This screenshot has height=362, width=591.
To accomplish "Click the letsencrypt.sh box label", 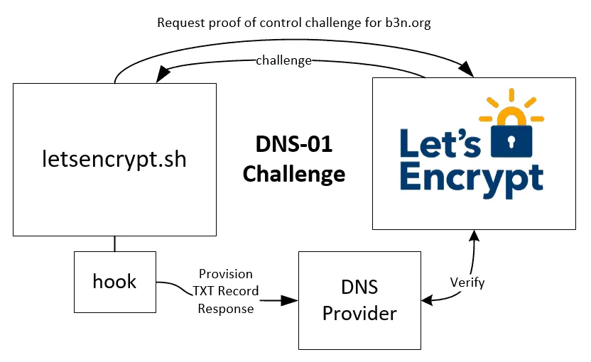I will click(114, 159).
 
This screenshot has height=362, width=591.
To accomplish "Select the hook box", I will click(114, 281).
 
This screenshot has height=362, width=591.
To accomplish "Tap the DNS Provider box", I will click(359, 300).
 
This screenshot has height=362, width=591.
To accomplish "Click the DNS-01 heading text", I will click(293, 145).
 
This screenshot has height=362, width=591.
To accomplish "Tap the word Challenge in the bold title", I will click(293, 174).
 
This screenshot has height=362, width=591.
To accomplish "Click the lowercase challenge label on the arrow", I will click(283, 60).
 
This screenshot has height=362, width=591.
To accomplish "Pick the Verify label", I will click(467, 283).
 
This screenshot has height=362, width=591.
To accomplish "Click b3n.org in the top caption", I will click(406, 23).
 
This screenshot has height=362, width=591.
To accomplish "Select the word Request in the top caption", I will click(180, 23).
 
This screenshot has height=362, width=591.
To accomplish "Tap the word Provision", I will click(225, 274).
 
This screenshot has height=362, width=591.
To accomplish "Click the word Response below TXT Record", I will click(225, 309).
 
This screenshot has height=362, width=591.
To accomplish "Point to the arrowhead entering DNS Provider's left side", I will click(291, 300).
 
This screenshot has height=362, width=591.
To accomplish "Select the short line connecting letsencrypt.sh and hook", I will click(114, 243).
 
